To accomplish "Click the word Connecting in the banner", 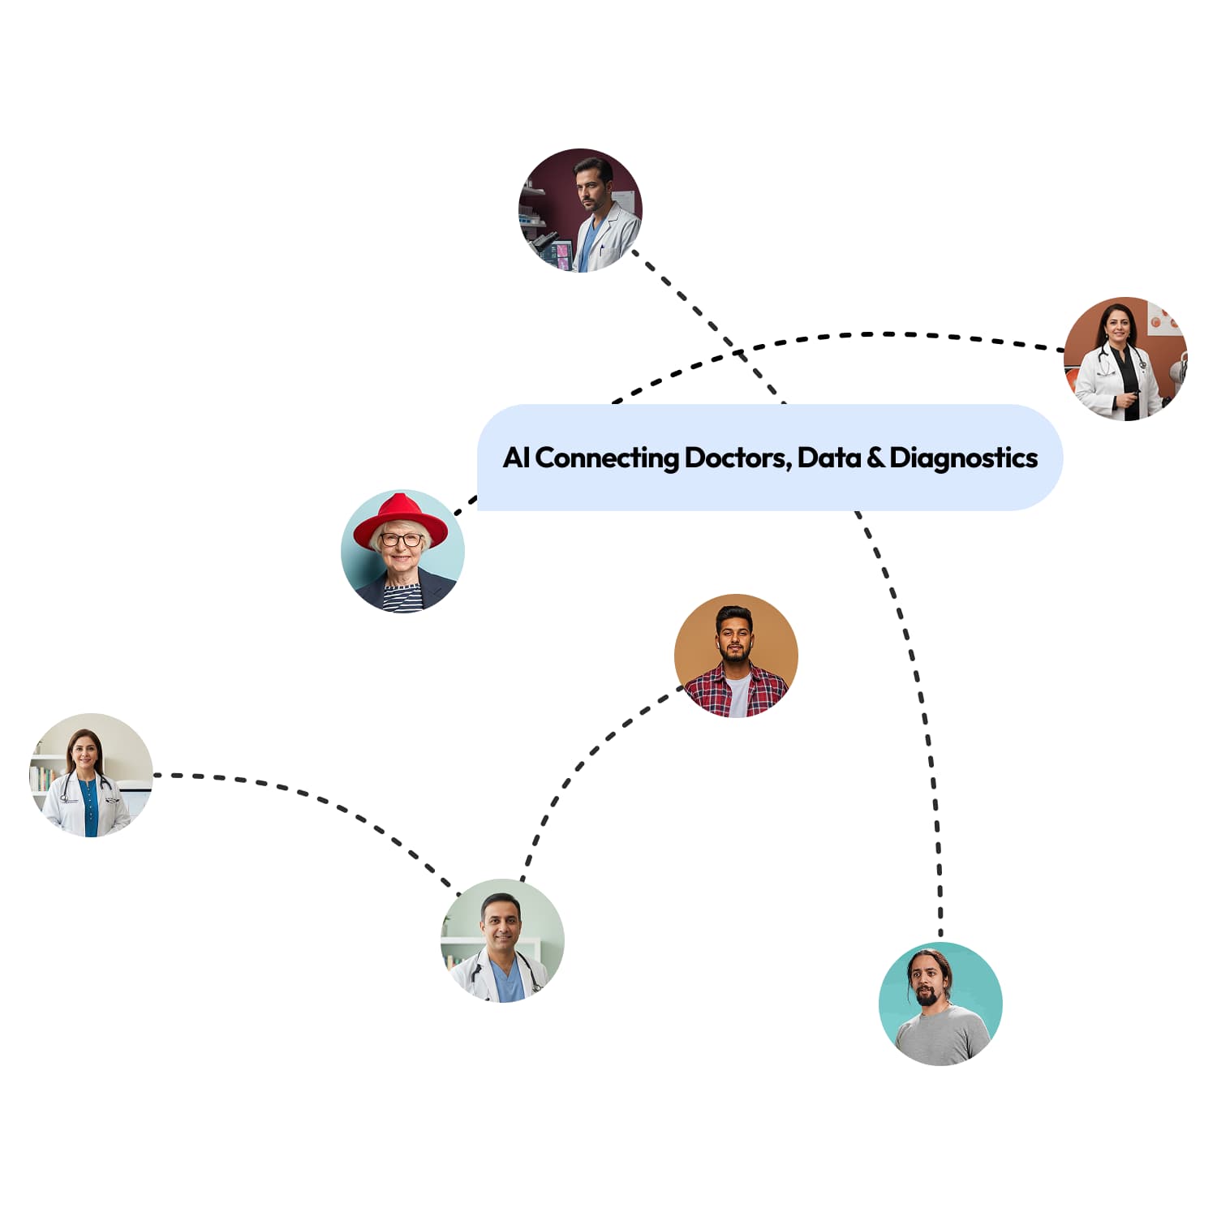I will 607,458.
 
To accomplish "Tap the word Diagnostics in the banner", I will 963,458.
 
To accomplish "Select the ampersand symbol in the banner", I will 875,458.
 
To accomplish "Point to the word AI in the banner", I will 516,458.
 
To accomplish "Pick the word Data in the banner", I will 828,458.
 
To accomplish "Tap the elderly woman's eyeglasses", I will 401,540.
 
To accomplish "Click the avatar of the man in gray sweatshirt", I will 940,1004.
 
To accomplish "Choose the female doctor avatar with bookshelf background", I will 91,775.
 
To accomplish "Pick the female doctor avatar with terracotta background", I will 1125,359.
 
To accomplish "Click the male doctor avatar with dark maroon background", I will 580,210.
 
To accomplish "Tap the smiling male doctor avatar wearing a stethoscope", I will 502,940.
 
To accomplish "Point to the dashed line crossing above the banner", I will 892,334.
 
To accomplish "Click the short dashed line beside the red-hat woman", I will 465,505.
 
